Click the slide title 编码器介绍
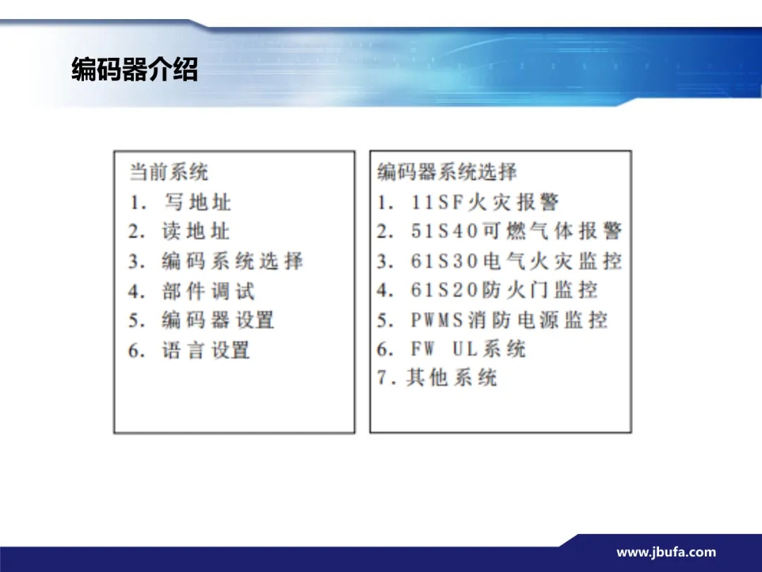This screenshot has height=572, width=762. tap(135, 69)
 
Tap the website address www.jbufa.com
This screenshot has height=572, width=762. tap(666, 552)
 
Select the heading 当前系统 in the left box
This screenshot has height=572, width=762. tap(169, 172)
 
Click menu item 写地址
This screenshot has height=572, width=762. tap(198, 202)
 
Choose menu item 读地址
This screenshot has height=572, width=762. tap(196, 231)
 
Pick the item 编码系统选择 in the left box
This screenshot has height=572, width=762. tap(232, 261)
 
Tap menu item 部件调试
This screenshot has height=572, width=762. tap(208, 292)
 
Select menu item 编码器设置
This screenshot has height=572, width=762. tap(218, 321)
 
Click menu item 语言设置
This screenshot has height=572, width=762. tap(206, 350)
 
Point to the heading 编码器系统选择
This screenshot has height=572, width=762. tap(447, 172)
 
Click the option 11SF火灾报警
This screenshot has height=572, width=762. tap(485, 202)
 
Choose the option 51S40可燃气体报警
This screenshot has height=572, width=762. tap(516, 231)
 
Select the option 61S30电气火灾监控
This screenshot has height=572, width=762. tap(516, 261)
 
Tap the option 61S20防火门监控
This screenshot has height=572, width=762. tap(504, 290)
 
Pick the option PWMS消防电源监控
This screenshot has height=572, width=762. tap(509, 320)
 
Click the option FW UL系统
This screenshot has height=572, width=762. tap(468, 349)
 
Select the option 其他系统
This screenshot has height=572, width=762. tap(452, 377)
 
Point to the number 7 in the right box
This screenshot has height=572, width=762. tap(382, 377)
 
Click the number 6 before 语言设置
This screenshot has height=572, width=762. tap(133, 351)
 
